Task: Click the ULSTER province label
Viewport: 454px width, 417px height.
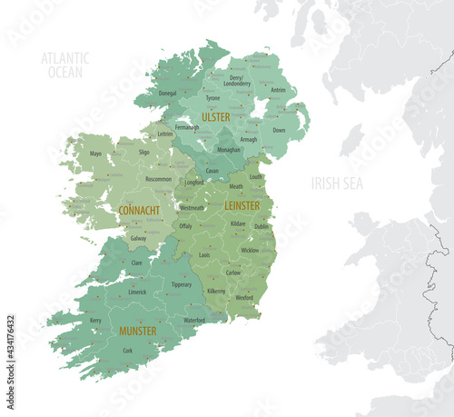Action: click(216, 117)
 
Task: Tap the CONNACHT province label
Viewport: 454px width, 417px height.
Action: click(139, 210)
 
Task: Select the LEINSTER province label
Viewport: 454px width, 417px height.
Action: click(242, 205)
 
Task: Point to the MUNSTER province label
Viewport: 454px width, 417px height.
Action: click(137, 331)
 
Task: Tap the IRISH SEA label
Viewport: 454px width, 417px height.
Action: click(337, 183)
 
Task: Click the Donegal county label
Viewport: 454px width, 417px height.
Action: click(168, 93)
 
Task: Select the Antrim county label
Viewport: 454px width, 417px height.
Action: click(278, 90)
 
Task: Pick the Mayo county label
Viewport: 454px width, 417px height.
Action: click(95, 154)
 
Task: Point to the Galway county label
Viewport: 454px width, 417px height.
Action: click(138, 238)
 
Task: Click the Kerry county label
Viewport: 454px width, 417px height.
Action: click(95, 320)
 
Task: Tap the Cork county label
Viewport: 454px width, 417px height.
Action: click(127, 350)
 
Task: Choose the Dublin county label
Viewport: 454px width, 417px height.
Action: click(262, 226)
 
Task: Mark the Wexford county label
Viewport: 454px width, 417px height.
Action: click(244, 297)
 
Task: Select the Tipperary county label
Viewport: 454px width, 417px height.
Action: click(182, 284)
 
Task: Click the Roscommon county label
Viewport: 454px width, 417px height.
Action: click(158, 179)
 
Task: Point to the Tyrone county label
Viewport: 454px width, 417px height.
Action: click(212, 97)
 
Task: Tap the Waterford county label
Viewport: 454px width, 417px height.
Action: click(194, 320)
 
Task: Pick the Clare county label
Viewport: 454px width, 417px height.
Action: click(137, 263)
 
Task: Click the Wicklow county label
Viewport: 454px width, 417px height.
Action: click(250, 250)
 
